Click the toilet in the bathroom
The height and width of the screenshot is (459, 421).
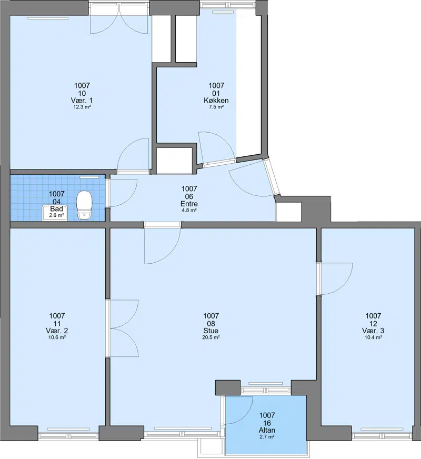pos(85,205)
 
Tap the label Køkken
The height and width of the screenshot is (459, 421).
pos(216,101)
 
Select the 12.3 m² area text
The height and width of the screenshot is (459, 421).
pos(82,107)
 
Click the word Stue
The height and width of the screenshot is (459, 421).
pos(211,331)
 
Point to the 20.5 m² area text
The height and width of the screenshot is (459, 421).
pos(211,337)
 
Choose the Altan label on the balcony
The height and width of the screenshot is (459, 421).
pos(267,431)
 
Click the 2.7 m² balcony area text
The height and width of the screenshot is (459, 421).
pos(267,437)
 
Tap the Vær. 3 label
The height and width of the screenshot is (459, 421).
pos(373,331)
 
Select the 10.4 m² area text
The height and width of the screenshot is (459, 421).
pos(373,337)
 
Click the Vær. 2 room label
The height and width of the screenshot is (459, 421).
pos(57,331)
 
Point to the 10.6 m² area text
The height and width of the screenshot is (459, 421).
pos(57,337)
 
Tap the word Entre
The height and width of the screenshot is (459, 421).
pos(189,204)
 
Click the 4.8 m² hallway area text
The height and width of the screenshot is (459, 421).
pos(189,211)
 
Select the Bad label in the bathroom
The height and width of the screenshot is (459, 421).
pos(56,209)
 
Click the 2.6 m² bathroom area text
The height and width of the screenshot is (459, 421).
pos(56,215)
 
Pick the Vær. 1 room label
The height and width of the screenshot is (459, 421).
pos(82,101)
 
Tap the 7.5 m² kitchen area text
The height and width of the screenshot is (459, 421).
pos(216,107)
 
